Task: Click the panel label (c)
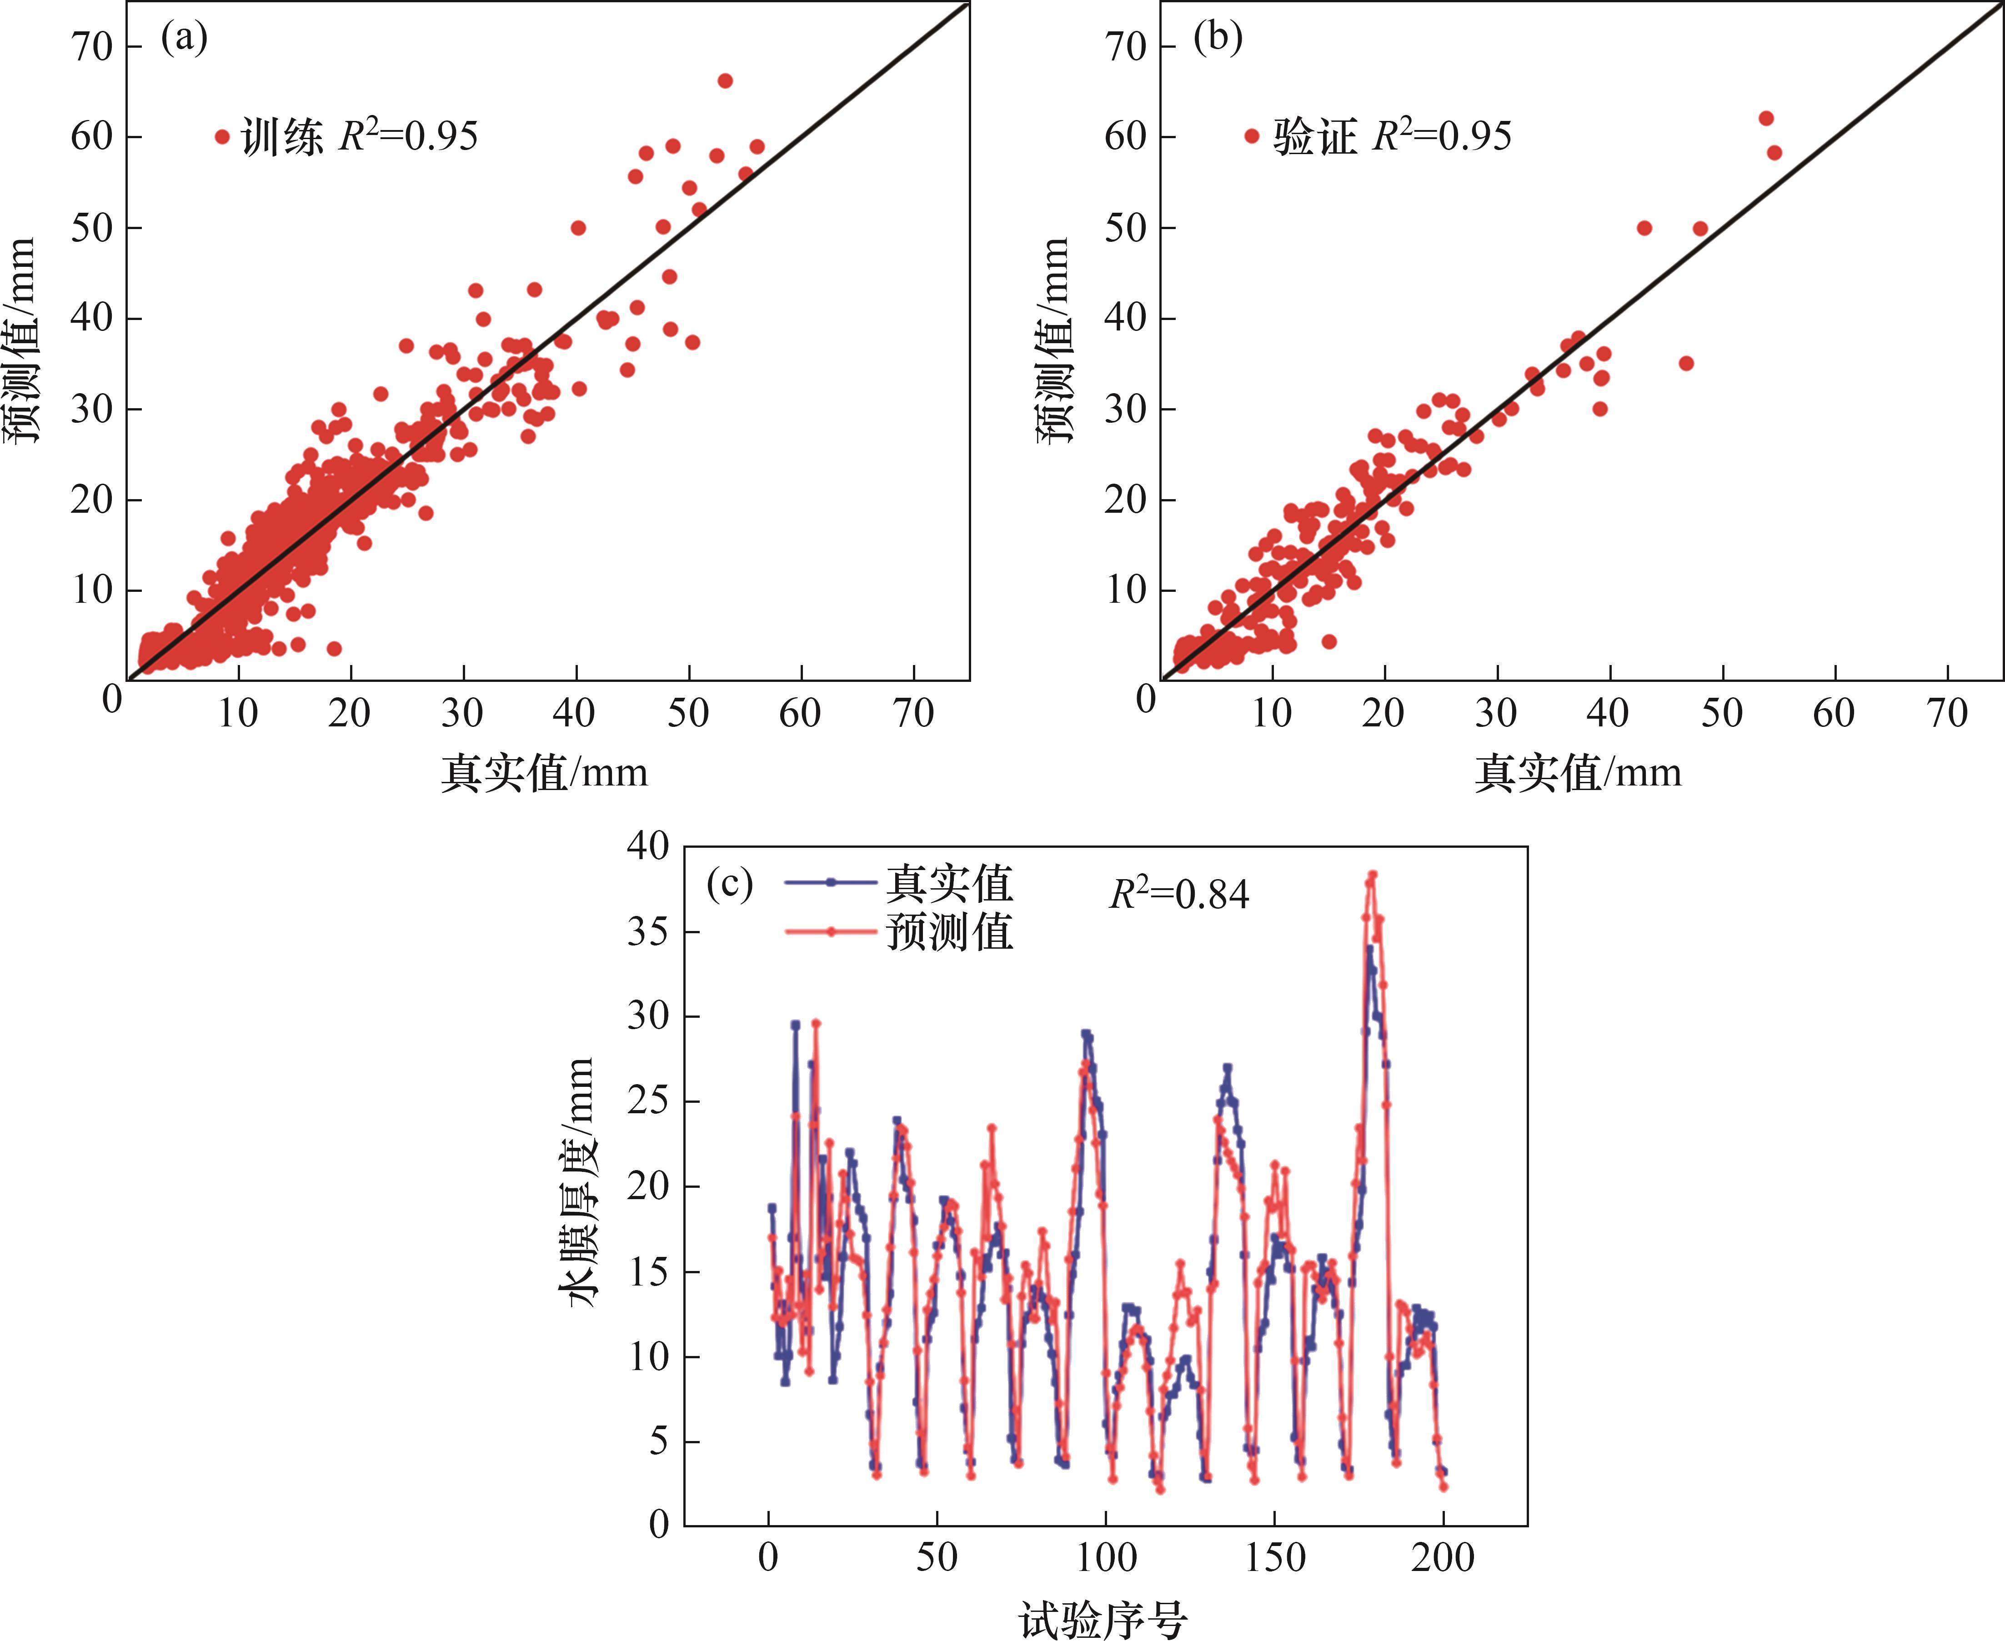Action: (730, 885)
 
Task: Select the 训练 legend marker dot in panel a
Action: (222, 137)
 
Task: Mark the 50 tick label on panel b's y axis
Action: (1125, 228)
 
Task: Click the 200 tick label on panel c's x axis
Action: (1444, 1557)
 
